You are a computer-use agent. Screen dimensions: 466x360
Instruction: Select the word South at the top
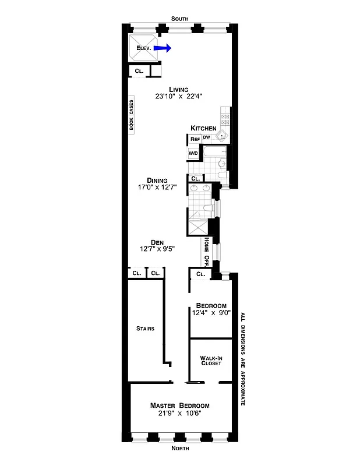(x=180, y=19)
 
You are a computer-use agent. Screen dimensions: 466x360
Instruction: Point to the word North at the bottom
(x=180, y=449)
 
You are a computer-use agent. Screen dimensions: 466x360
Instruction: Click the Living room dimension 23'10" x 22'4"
(x=179, y=97)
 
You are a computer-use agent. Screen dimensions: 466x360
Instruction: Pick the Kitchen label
(x=203, y=128)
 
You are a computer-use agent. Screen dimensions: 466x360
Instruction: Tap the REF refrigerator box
(x=195, y=140)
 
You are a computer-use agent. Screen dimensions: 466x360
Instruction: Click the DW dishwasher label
(x=206, y=137)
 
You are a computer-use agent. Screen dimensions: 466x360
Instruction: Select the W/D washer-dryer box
(x=193, y=153)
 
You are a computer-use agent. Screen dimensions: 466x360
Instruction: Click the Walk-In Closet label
(x=210, y=361)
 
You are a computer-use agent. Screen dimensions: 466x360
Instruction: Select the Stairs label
(x=144, y=329)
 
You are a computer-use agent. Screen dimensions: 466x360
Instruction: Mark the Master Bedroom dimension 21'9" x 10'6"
(x=179, y=414)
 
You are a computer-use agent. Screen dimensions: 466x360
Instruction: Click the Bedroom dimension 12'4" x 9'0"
(x=211, y=313)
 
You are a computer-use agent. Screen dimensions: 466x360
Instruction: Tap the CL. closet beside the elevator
(x=139, y=70)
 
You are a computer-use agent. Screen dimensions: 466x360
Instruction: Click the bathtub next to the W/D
(x=213, y=154)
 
